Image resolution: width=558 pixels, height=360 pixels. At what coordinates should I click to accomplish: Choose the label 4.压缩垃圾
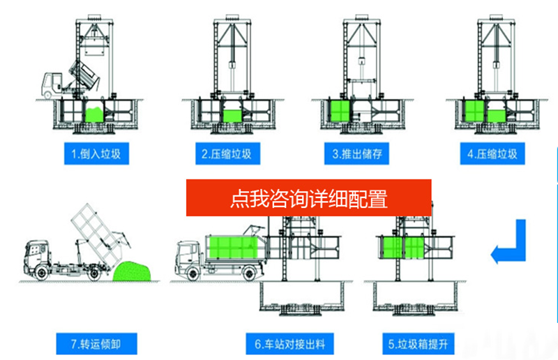pos(493,153)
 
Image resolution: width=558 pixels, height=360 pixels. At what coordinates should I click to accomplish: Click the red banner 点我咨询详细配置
pos(308,198)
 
